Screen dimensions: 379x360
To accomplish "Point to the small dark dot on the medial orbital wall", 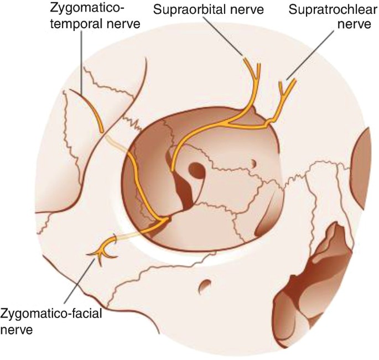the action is pyautogui.click(x=253, y=163).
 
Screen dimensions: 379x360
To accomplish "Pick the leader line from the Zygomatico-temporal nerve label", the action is pyautogui.click(x=81, y=61).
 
